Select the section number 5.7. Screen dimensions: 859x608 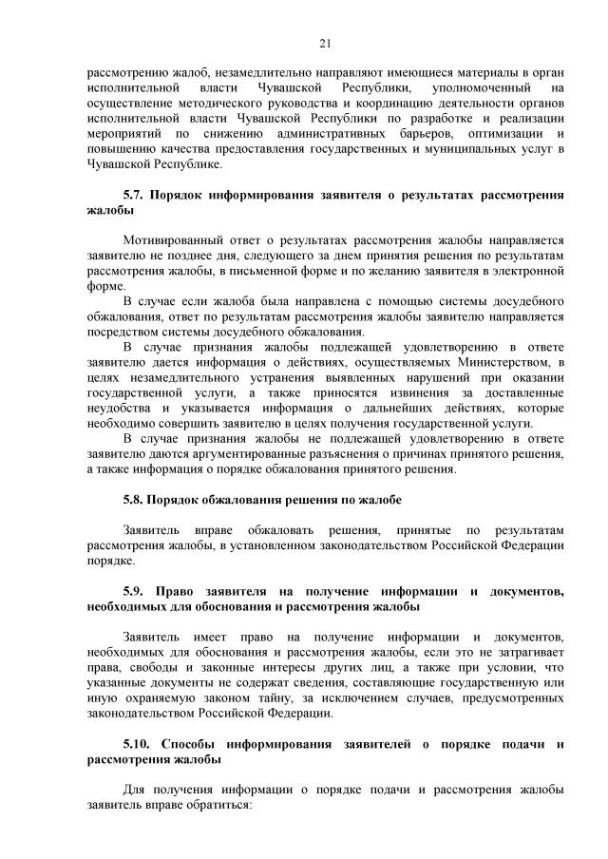(133, 195)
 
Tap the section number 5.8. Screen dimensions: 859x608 (133, 499)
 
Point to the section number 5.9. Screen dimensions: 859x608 (133, 590)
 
